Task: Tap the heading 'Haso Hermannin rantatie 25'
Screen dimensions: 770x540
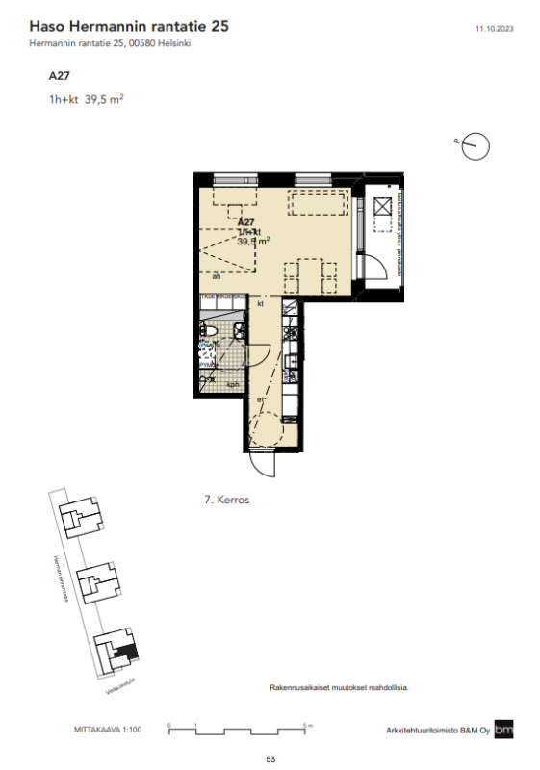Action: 129,28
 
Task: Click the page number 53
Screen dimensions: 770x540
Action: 270,759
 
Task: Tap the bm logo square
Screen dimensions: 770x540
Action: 504,730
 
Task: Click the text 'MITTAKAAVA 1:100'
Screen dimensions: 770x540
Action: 108,731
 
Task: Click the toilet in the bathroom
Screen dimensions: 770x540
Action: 207,332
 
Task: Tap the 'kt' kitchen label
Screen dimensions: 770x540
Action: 260,304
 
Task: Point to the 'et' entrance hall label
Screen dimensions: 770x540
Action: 258,398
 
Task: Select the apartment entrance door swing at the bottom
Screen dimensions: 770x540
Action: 262,463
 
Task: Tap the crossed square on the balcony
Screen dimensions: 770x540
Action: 382,205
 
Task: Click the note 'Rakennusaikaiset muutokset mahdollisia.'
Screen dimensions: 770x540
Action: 340,688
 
